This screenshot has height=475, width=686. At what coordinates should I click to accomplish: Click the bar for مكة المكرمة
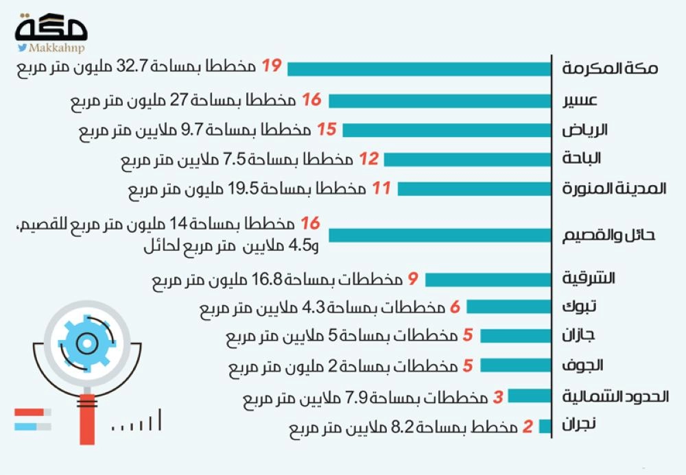tap(420, 69)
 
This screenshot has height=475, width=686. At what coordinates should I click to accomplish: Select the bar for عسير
tap(440, 101)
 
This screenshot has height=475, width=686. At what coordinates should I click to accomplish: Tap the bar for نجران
tap(546, 427)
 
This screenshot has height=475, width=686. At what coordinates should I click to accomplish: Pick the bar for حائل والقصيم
tap(440, 234)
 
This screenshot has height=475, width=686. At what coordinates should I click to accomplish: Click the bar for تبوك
tap(509, 307)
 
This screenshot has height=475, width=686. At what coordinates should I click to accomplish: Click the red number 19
tap(272, 66)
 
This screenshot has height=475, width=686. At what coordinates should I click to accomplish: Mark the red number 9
tap(413, 279)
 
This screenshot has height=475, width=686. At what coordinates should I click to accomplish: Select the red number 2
tap(528, 428)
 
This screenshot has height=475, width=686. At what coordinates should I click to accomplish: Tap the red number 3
tap(499, 396)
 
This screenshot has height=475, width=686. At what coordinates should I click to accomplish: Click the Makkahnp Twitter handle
tap(51, 48)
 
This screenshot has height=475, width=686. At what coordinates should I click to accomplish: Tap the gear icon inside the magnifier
tap(86, 341)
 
